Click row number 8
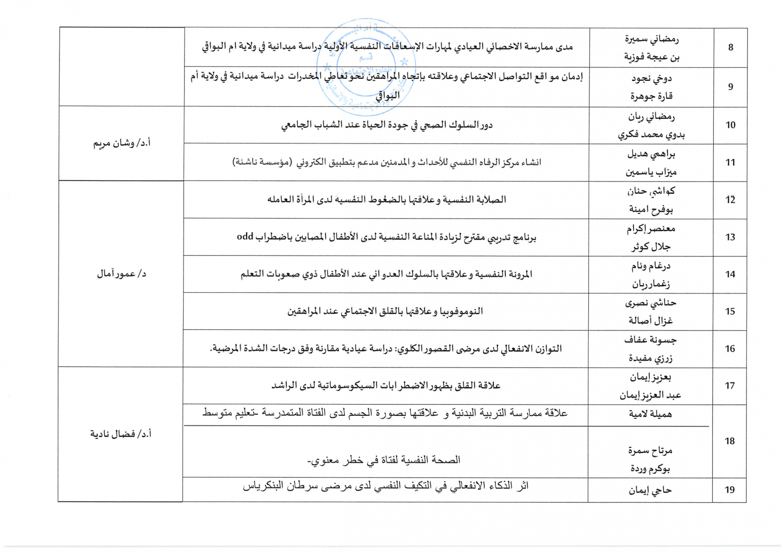[x=731, y=48]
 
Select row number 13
[x=730, y=237]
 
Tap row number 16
[x=730, y=349]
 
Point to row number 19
[x=730, y=490]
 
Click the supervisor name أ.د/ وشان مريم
[x=122, y=143]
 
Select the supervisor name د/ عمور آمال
[x=122, y=274]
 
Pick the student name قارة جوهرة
[x=651, y=96]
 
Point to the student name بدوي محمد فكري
[x=651, y=135]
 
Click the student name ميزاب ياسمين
[x=651, y=172]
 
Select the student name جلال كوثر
[x=651, y=247]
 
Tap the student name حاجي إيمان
[x=650, y=490]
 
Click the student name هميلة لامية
[x=650, y=414]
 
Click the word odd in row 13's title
[x=245, y=237]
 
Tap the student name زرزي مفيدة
[x=650, y=358]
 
